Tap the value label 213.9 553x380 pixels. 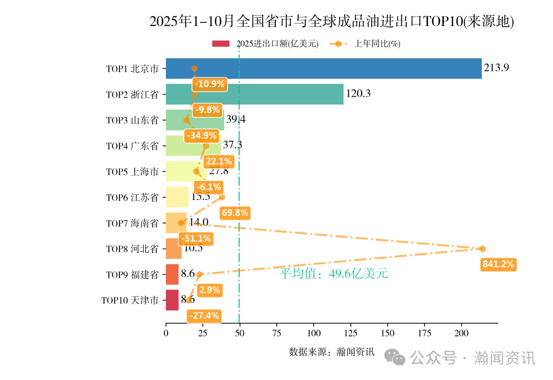(x=496, y=68)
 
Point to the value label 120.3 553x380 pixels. (x=358, y=94)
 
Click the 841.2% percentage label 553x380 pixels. (x=498, y=264)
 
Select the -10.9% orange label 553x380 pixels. (x=209, y=84)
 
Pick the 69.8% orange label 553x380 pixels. (x=235, y=213)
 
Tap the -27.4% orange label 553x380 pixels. (x=204, y=316)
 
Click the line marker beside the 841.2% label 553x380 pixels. (x=482, y=249)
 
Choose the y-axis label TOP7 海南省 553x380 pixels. (x=132, y=223)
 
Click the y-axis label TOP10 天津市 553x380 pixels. (x=130, y=300)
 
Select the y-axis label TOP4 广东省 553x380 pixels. (x=132, y=146)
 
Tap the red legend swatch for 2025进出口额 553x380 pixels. (x=221, y=44)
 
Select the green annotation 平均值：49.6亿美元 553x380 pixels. (x=333, y=274)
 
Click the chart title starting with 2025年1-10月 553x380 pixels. (x=331, y=21)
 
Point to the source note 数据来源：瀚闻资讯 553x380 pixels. (x=331, y=352)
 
